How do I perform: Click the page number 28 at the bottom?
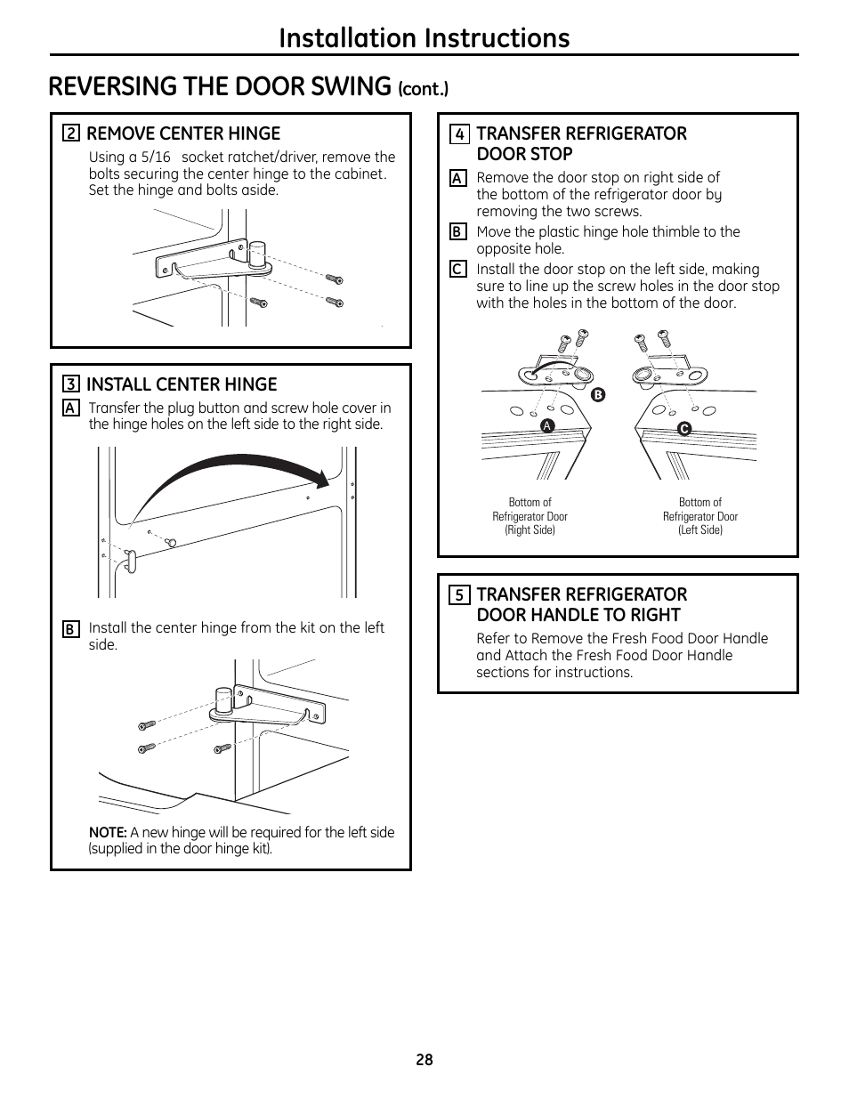[x=424, y=1060]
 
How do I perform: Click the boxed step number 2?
[x=71, y=134]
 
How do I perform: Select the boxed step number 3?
[x=71, y=385]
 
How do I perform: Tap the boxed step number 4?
[x=459, y=134]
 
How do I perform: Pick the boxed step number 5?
[x=459, y=595]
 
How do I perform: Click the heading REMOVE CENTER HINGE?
[x=183, y=133]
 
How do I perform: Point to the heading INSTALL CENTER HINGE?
[x=182, y=384]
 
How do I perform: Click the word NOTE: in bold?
[x=108, y=833]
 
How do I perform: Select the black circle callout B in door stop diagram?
[x=598, y=395]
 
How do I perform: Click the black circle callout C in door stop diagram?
[x=684, y=429]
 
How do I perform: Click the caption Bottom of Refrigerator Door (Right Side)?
[x=530, y=516]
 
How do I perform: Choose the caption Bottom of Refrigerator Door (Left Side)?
[x=700, y=516]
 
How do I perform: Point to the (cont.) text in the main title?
[x=424, y=88]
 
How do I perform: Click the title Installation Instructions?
[x=424, y=37]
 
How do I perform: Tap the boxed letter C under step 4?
[x=457, y=269]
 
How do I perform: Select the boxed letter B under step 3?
[x=70, y=629]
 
